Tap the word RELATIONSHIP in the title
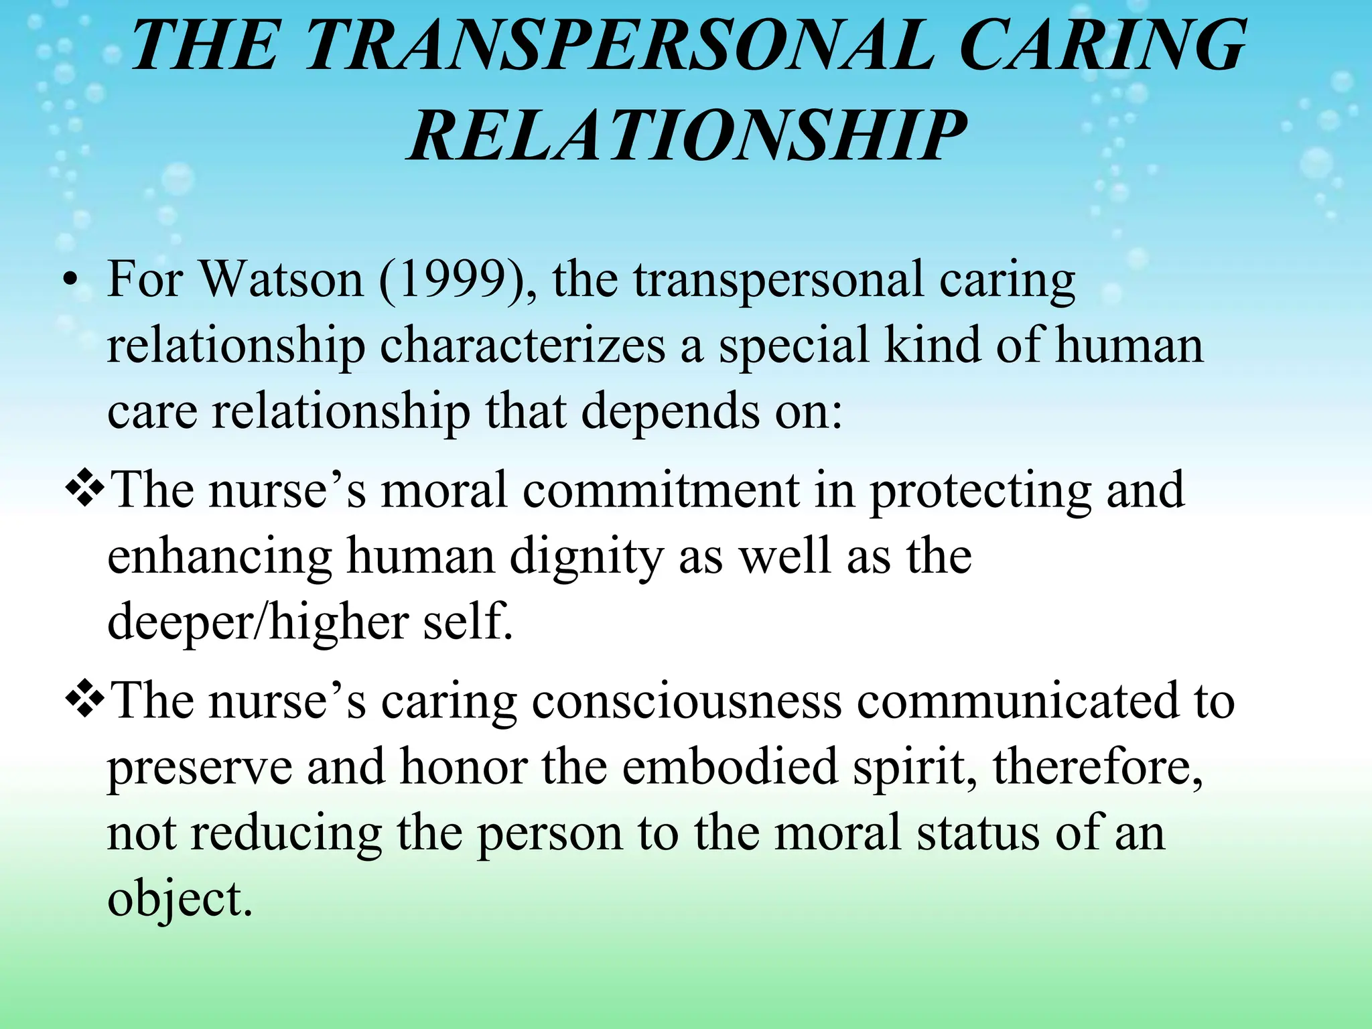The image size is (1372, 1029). (x=687, y=137)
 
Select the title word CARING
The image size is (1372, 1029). (x=1102, y=46)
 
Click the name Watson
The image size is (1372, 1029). (x=281, y=279)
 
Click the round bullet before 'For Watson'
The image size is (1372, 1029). (x=70, y=281)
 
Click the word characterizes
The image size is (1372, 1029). (x=523, y=346)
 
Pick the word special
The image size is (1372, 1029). (x=794, y=346)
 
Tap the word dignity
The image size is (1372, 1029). (x=586, y=557)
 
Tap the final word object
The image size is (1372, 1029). (x=180, y=900)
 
